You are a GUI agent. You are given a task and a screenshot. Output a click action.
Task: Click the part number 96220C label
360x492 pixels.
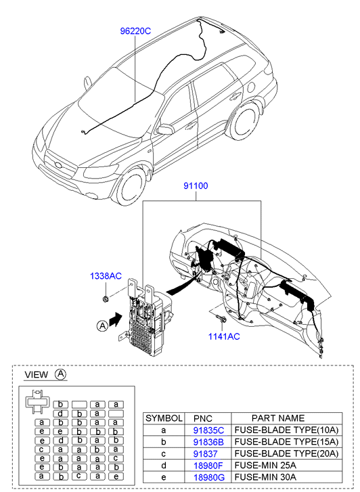coord(135,31)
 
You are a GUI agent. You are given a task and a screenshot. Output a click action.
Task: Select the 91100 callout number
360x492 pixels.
coord(196,185)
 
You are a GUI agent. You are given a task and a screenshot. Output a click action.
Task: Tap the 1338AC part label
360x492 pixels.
coord(106,276)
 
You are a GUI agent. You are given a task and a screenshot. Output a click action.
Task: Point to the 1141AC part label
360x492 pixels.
coord(224,336)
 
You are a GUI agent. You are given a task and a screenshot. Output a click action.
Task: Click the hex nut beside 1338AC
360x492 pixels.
coord(106,299)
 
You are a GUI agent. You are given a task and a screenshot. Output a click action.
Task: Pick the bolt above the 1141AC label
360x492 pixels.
coord(221,319)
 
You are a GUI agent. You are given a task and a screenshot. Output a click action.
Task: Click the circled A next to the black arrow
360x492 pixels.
coord(102,326)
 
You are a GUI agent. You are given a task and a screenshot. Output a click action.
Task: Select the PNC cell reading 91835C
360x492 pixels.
coord(208,430)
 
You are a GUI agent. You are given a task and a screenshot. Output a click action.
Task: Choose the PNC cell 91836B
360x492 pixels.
coord(208,442)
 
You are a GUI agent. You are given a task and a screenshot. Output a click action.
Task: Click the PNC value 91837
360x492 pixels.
coord(205,453)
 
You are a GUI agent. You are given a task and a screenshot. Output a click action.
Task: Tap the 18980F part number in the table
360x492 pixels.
coord(208,466)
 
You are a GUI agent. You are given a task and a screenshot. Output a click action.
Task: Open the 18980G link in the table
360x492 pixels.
coord(209,478)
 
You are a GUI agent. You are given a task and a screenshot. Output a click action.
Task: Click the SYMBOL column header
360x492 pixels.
coord(164,418)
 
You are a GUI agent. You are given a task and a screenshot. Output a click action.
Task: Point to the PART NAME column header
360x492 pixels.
coord(278,418)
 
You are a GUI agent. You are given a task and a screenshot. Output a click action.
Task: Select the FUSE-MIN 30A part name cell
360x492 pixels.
coord(265,477)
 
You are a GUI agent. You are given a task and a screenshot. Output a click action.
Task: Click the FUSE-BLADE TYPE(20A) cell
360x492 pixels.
coord(286,453)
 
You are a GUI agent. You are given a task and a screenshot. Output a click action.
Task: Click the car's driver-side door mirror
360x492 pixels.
coord(165,129)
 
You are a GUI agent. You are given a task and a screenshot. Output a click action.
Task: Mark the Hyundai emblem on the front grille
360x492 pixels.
coord(58,164)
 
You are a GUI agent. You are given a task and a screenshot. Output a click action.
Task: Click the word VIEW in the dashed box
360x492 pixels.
coord(37,375)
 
